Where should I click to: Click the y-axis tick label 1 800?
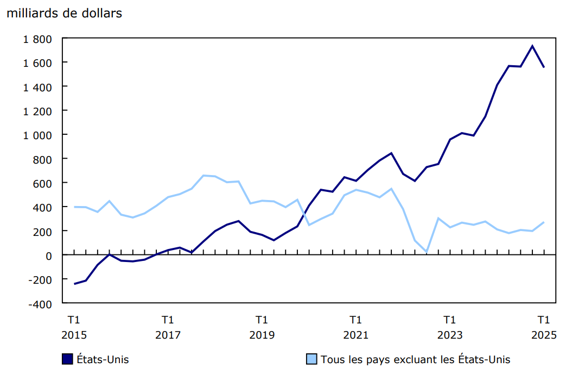pyautogui.click(x=36, y=39)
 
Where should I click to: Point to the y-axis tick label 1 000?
pyautogui.click(x=36, y=135)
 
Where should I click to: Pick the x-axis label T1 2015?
pyautogui.click(x=74, y=327)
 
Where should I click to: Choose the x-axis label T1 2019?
pyautogui.click(x=262, y=327)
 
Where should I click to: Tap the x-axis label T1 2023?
pyautogui.click(x=449, y=327)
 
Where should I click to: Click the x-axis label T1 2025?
pyautogui.click(x=543, y=327)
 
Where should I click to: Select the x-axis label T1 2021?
pyautogui.click(x=355, y=327)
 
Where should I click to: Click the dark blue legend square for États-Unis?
pyautogui.click(x=68, y=359)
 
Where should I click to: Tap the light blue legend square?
pyautogui.click(x=312, y=359)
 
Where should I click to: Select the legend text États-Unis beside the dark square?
pyautogui.click(x=103, y=359)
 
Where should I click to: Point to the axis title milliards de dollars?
pyautogui.click(x=64, y=14)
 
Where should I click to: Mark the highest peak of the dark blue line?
pyautogui.click(x=532, y=46)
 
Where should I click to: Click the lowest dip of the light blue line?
pyautogui.click(x=426, y=252)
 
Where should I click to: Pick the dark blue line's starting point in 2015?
pyautogui.click(x=74, y=284)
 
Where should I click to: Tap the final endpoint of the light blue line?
pyautogui.click(x=544, y=222)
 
